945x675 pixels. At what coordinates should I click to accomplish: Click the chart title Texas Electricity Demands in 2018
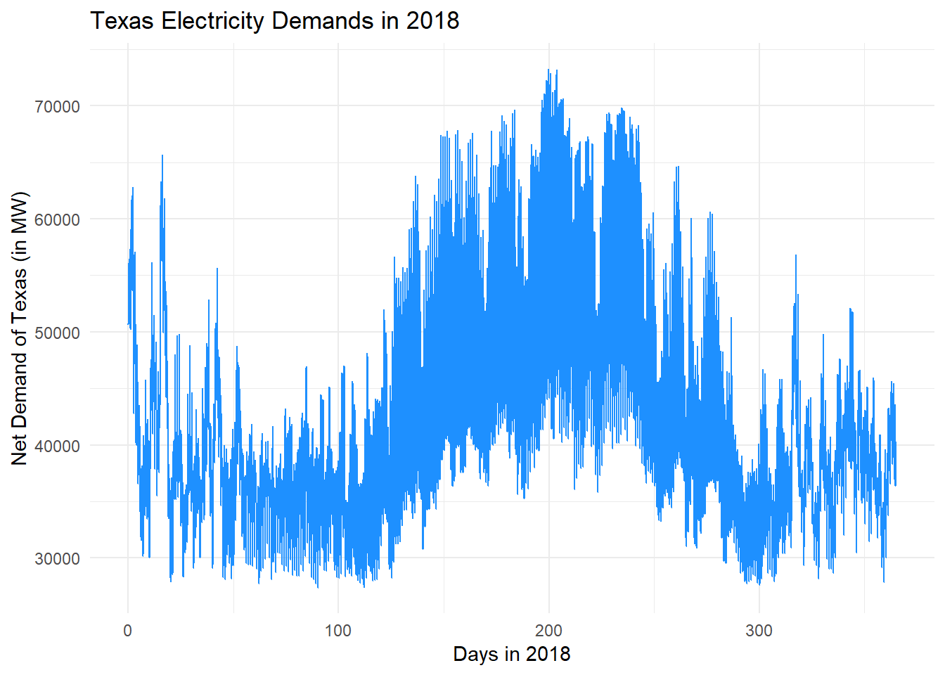tap(274, 20)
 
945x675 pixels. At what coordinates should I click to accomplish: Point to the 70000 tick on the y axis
tap(57, 107)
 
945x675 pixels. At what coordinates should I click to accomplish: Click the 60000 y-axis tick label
tap(57, 220)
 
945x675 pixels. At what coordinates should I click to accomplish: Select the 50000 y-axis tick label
tap(57, 333)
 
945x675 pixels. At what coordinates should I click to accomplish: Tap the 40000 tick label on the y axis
tap(57, 446)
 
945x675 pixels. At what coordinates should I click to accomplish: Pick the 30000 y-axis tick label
tap(57, 559)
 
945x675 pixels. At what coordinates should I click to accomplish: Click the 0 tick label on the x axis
tap(127, 631)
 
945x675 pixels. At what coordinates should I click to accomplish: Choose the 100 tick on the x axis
tap(337, 631)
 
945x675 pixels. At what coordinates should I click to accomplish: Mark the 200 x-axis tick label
tap(548, 631)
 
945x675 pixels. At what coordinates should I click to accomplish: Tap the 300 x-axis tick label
tap(759, 631)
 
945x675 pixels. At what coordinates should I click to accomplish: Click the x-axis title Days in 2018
tap(511, 654)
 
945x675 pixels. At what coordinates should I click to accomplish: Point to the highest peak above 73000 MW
tap(548, 70)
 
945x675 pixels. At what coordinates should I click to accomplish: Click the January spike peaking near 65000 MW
tap(162, 156)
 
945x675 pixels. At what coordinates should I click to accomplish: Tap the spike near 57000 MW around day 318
tap(795, 256)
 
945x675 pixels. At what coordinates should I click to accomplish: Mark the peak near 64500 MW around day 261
tap(677, 167)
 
